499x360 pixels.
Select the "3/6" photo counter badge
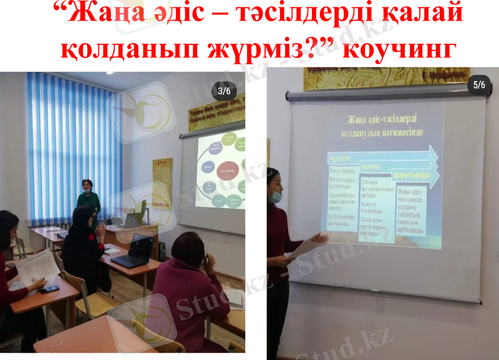coord(224,91)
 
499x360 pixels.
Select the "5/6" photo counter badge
coord(479,85)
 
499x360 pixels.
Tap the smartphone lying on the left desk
coord(49,289)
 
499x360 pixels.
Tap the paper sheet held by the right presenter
coord(304,248)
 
